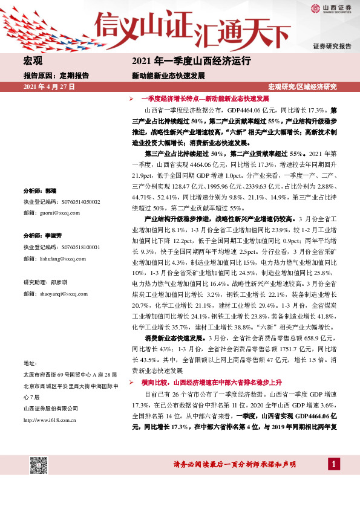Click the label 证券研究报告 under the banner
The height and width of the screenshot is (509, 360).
tap(332, 47)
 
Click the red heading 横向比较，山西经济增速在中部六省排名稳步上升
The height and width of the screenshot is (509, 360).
tap(211, 383)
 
